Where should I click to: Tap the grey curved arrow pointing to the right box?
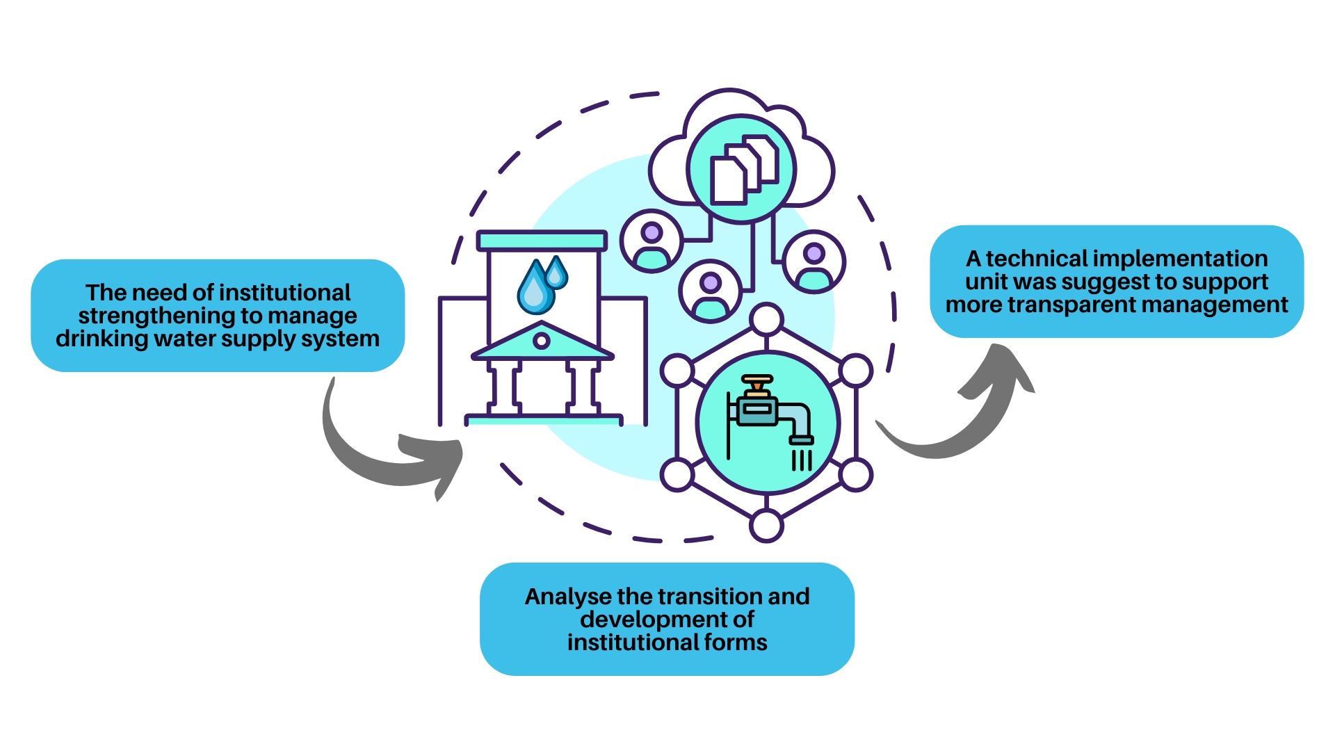coord(966,417)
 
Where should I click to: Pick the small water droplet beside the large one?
coord(556,273)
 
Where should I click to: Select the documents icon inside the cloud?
coord(742,170)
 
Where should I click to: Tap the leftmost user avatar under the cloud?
coord(652,241)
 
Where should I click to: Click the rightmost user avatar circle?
coord(814,262)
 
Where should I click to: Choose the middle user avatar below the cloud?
coord(710,291)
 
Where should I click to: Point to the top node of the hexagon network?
coord(767,320)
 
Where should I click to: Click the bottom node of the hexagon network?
coord(767,525)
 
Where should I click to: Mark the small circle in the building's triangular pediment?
coord(541,341)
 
